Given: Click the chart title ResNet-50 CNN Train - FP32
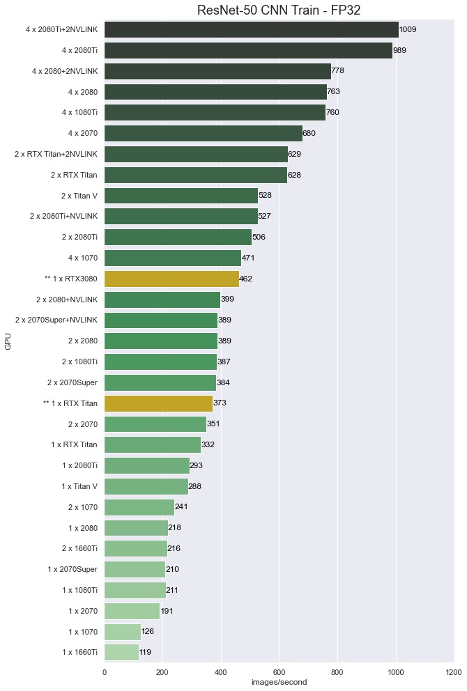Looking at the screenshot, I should (278, 10).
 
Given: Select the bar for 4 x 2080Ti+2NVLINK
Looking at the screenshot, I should (251, 29).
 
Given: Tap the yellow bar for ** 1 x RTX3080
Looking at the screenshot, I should (171, 279).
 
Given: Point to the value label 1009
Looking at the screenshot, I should (408, 29).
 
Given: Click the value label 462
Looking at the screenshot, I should (245, 279).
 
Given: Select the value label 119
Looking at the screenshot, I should (145, 652).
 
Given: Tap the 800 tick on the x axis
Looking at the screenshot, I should (337, 672).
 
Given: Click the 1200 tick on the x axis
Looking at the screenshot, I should (454, 672).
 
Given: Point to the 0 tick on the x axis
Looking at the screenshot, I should (105, 672).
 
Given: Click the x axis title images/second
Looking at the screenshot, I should (279, 683).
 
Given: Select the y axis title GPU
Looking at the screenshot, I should (8, 341).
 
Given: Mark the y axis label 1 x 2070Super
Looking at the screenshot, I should (72, 569).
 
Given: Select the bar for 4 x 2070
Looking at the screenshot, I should (203, 133).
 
